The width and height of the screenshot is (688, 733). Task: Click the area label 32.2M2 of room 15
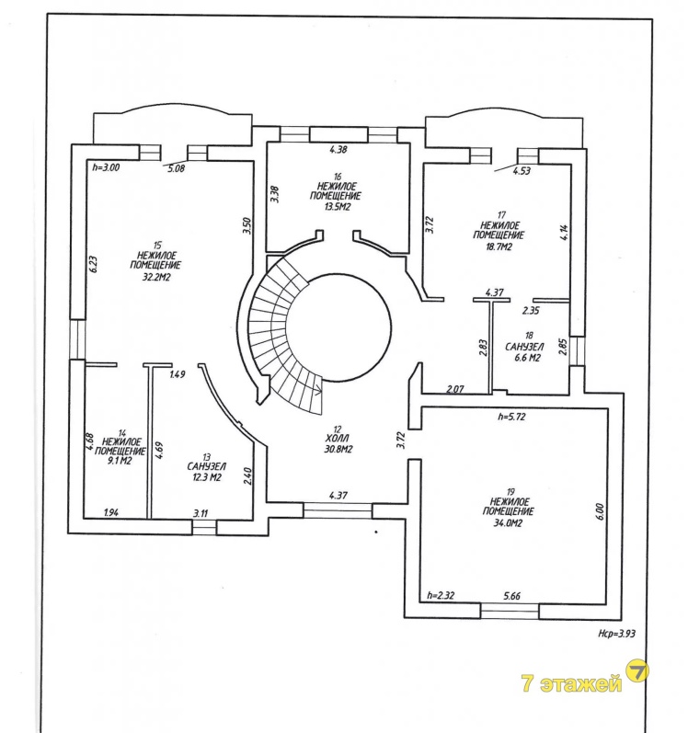coord(156,277)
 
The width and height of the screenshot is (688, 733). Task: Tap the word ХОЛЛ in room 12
coord(338,439)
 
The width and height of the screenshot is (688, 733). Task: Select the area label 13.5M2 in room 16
coord(337,207)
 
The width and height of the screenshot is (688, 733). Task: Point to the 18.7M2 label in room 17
coord(499,246)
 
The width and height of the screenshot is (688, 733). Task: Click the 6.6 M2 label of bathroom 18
coord(526,358)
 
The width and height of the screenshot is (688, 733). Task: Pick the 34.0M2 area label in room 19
coord(509,523)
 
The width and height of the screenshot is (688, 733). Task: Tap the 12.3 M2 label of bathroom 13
coord(206,477)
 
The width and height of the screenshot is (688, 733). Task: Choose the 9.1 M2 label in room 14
coord(120,461)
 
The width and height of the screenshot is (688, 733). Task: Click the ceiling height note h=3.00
coord(106,166)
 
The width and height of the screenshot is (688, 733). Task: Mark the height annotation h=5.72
coord(511,416)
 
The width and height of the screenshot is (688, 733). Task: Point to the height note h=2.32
coord(441,596)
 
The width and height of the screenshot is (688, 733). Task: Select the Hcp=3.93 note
coord(616,634)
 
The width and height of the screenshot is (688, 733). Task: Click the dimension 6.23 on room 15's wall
coord(93,264)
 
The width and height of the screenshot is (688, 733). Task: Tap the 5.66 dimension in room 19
coord(511,596)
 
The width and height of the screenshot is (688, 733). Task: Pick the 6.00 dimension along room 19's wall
coord(601,511)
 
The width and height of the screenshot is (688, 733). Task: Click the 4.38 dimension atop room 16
coord(338,150)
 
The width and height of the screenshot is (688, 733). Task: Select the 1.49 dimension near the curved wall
coord(178,374)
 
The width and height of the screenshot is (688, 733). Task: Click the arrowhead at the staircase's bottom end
coord(319,388)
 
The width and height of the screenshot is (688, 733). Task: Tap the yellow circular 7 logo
coord(637,671)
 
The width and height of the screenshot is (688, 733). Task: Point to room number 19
coord(510,491)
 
